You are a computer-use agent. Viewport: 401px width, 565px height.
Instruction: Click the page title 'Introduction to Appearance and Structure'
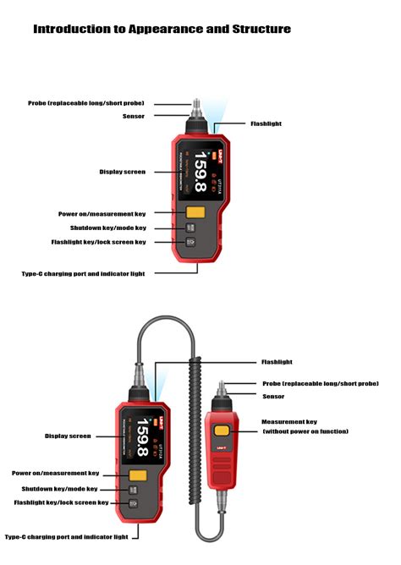pos(162,30)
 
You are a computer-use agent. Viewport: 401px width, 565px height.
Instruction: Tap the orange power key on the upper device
pos(195,212)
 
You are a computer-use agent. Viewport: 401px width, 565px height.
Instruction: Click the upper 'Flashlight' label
pos(266,123)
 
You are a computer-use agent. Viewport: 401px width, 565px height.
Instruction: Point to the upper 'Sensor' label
pos(134,116)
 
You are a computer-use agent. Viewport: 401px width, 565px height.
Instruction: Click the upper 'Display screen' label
pos(122,172)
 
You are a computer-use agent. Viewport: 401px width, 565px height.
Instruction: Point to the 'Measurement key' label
pos(289,421)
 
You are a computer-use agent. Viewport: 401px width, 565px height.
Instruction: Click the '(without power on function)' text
pos(305,431)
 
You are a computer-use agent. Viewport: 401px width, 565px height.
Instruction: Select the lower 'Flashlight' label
pos(277,362)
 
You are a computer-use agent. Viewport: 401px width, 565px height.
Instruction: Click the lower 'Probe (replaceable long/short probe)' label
pos(320,383)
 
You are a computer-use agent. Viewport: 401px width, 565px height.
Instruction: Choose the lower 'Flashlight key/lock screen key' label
pos(61,502)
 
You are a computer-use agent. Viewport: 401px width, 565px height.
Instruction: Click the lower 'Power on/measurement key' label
pos(55,473)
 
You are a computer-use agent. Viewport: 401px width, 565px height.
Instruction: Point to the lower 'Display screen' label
pos(68,436)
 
